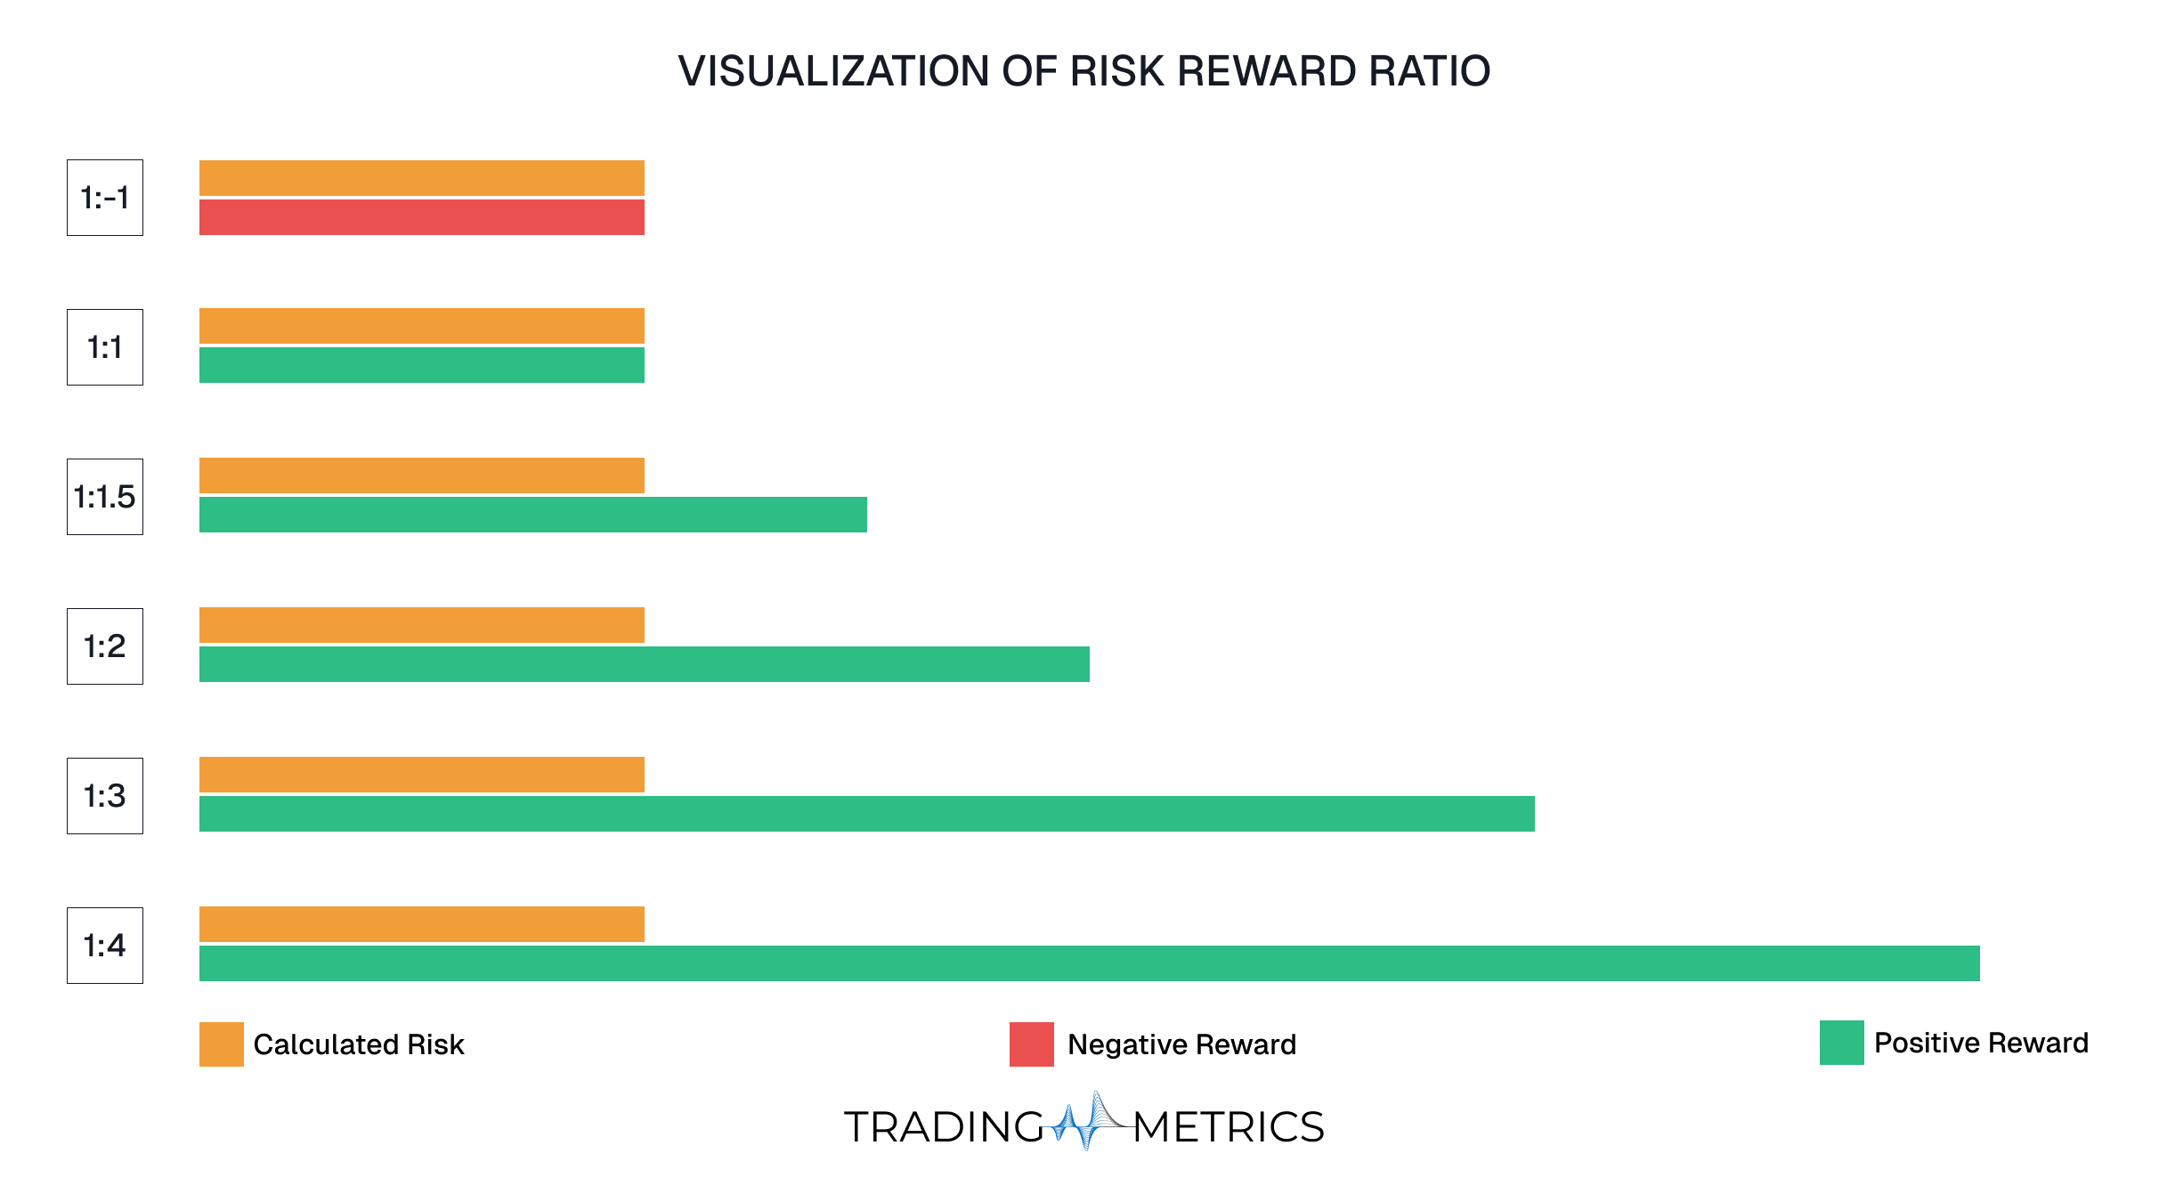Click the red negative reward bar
coord(421,217)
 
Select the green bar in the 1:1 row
coord(421,365)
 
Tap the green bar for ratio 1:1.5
coord(532,515)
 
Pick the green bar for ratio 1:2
coord(644,664)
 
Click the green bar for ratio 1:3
coord(866,814)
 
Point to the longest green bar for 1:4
coord(1089,963)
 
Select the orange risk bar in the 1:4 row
coord(421,924)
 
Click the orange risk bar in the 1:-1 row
coord(421,178)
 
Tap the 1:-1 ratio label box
coord(105,198)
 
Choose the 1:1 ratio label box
coord(105,347)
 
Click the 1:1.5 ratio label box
coord(105,497)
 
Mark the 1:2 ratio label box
coord(105,646)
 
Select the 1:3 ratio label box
coord(105,796)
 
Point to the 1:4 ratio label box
coord(105,946)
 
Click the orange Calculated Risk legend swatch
coord(221,1044)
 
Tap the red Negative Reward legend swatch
coord(1031,1044)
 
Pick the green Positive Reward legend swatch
coord(1841,1043)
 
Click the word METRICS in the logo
coord(1229,1127)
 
